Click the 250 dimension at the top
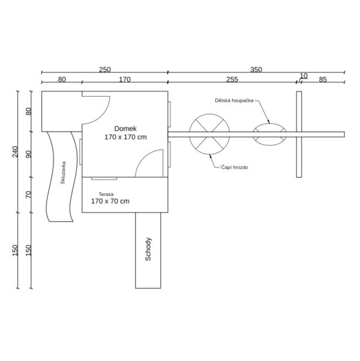(105, 70)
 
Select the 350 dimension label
(256, 70)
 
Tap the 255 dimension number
(232, 79)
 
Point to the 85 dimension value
(323, 79)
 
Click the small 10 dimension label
(304, 76)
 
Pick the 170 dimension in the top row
(125, 79)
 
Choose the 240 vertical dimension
(15, 152)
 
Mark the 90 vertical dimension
(29, 154)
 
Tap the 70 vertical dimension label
(29, 195)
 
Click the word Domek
(125, 129)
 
